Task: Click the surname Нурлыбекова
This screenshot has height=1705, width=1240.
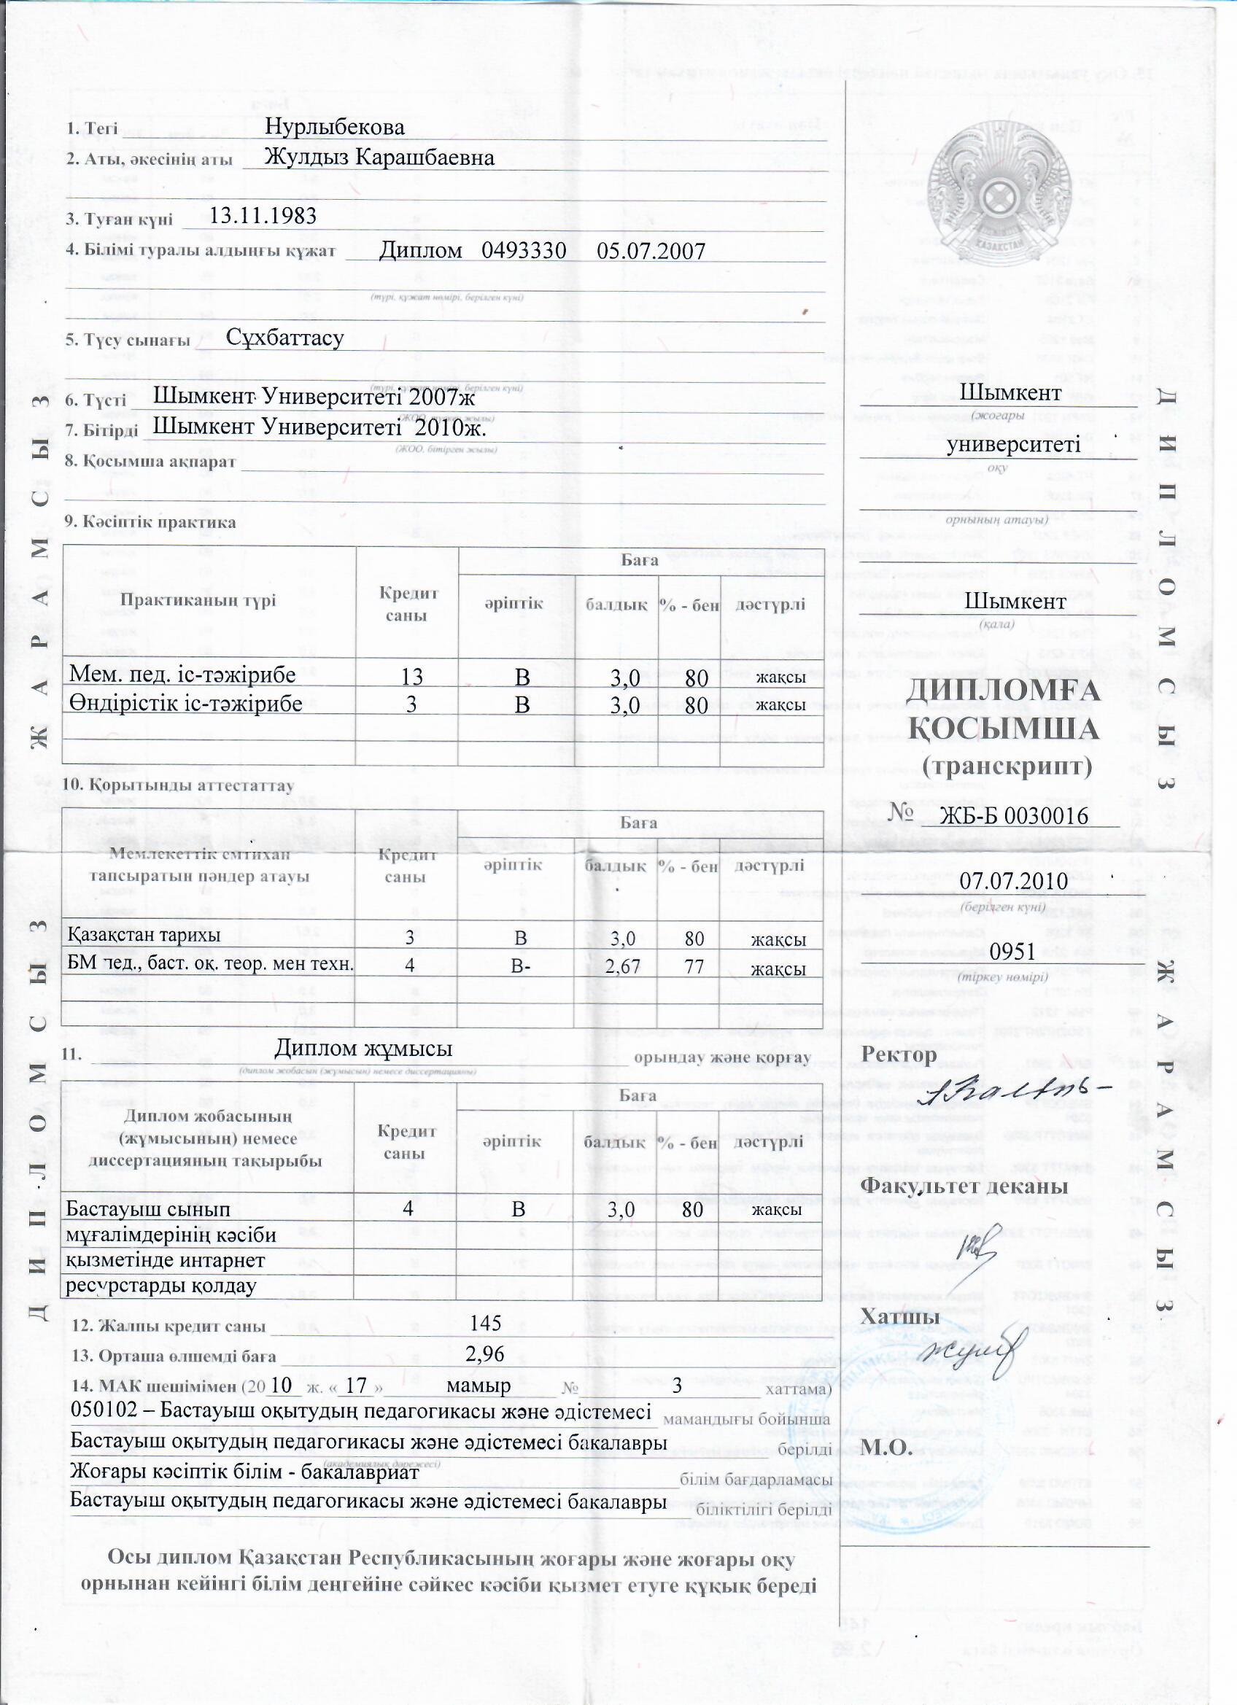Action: click(335, 126)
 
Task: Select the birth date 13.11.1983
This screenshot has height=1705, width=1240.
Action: click(263, 216)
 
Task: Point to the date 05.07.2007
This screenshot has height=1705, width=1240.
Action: click(651, 250)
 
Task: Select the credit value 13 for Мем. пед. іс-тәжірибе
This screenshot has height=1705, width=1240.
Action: click(411, 677)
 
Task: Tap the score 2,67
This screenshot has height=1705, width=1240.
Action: click(622, 966)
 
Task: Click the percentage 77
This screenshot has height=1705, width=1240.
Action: click(694, 966)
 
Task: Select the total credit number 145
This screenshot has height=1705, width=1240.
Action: click(485, 1322)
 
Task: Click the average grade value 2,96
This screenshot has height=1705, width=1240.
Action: click(485, 1353)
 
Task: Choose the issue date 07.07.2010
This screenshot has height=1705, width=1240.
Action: click(1014, 880)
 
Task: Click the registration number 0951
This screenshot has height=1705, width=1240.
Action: click(1012, 951)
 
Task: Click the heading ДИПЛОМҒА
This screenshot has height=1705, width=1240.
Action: click(1003, 690)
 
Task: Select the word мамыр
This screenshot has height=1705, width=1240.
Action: click(478, 1385)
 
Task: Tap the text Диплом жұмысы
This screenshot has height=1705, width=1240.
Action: click(363, 1047)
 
